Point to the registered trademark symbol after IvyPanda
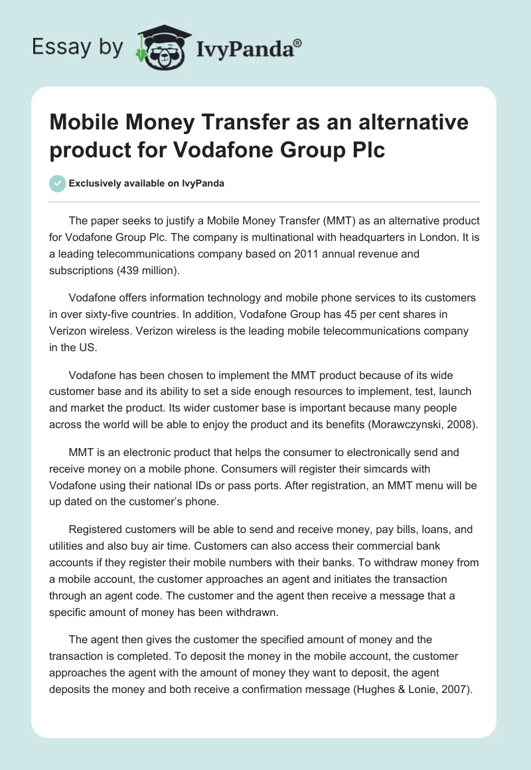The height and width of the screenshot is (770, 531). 298,42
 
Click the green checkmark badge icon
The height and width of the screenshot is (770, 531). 57,183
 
